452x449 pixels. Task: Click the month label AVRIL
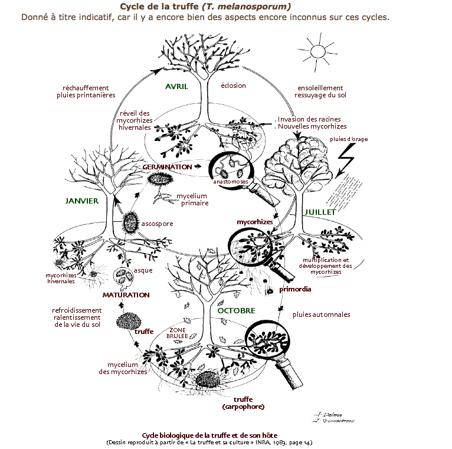176,87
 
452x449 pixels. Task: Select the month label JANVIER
81,201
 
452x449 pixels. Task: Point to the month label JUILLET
320,212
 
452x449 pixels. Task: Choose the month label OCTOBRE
236,310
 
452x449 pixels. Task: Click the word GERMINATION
167,167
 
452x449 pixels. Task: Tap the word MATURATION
126,294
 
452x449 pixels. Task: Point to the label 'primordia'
295,290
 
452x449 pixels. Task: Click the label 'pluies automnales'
321,314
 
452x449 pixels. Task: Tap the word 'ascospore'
157,224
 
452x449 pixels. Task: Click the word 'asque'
143,270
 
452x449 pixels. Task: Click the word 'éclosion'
233,86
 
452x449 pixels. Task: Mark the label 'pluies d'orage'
349,139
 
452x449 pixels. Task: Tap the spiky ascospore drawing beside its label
130,223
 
